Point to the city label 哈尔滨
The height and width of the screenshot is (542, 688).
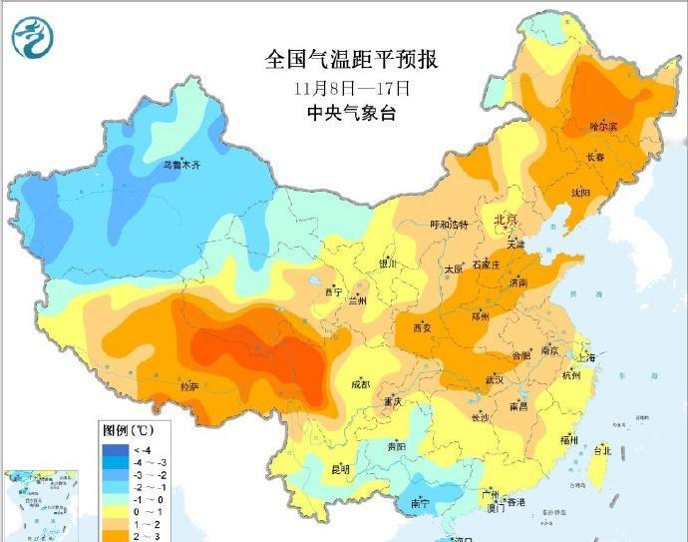pos(603,127)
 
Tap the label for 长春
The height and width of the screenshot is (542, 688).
pos(595,157)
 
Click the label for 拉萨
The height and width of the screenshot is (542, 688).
pos(188,385)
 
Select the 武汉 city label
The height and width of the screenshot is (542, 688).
pos(495,379)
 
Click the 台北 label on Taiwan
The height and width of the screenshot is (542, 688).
pos(601,450)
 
